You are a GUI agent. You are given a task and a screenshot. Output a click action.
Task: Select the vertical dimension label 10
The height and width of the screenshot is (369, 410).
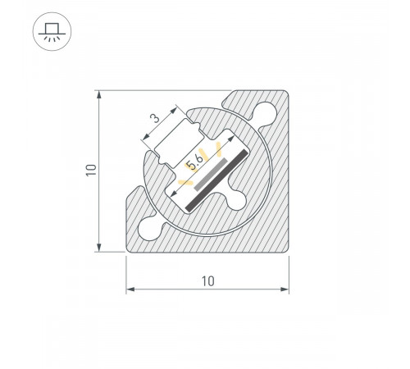(92, 171)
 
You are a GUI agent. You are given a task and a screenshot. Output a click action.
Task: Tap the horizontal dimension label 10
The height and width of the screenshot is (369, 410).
(207, 281)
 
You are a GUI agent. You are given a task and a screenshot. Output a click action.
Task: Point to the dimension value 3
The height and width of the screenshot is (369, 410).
(155, 119)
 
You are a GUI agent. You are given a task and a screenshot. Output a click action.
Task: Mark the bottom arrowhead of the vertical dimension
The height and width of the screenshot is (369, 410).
(100, 248)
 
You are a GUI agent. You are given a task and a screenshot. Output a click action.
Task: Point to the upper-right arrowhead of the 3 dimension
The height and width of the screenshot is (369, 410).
(177, 107)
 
